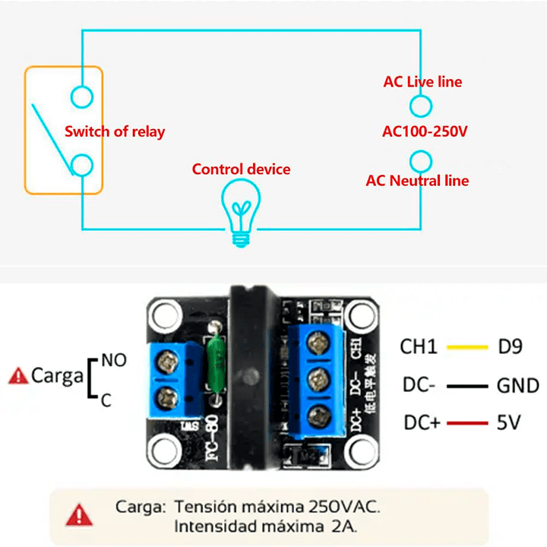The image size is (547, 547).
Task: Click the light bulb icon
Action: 241,212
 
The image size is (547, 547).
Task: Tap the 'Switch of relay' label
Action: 115,131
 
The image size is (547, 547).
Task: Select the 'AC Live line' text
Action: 422,81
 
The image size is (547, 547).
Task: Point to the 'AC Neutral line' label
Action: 417,181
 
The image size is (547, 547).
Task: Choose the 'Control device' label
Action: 241,169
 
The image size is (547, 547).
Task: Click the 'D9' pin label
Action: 510,348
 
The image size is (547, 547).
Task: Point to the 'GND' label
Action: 517,386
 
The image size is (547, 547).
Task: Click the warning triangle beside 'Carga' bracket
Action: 17,375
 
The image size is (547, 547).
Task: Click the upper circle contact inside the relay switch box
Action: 81,96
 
